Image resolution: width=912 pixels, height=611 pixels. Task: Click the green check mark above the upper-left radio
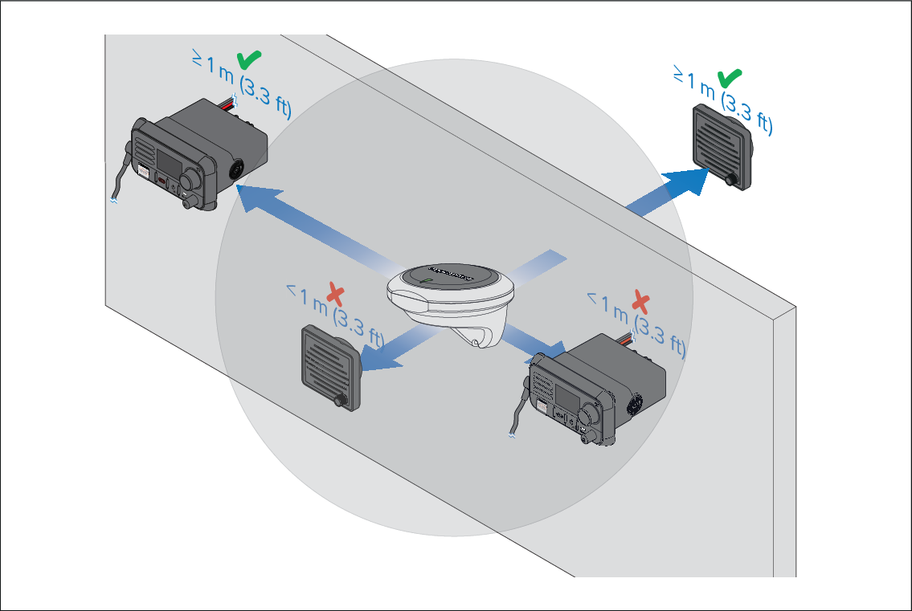248,59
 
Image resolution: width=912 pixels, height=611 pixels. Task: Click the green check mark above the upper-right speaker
729,78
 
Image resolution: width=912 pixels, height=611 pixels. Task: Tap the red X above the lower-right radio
640,302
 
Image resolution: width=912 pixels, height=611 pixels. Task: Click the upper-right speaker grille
718,142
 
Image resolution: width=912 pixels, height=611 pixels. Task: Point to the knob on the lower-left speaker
341,400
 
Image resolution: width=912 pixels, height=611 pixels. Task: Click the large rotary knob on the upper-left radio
194,177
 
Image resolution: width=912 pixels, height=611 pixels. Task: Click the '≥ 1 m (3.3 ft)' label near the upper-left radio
241,87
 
